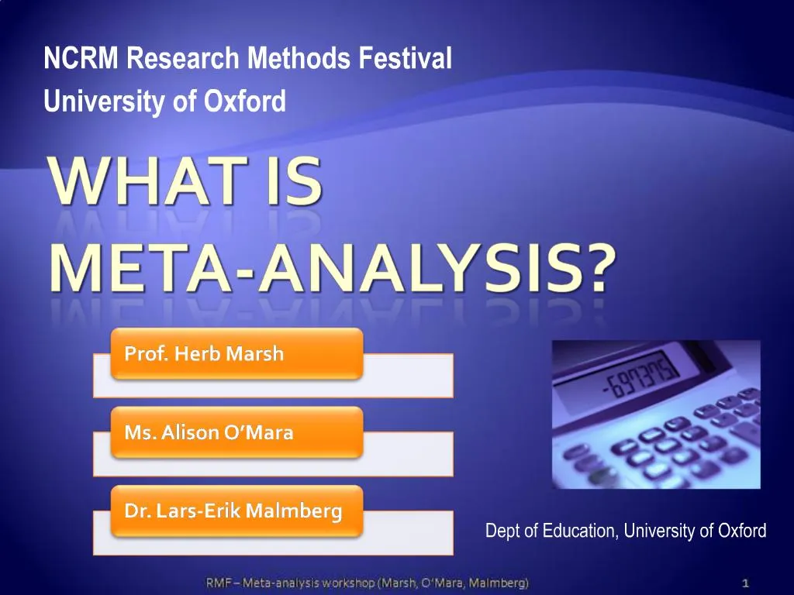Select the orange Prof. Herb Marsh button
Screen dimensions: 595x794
pos(236,354)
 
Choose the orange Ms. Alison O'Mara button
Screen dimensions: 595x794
pos(236,432)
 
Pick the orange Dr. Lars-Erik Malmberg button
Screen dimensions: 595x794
pos(236,511)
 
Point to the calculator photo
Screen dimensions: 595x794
pos(656,414)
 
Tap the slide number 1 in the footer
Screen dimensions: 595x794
pos(745,582)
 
